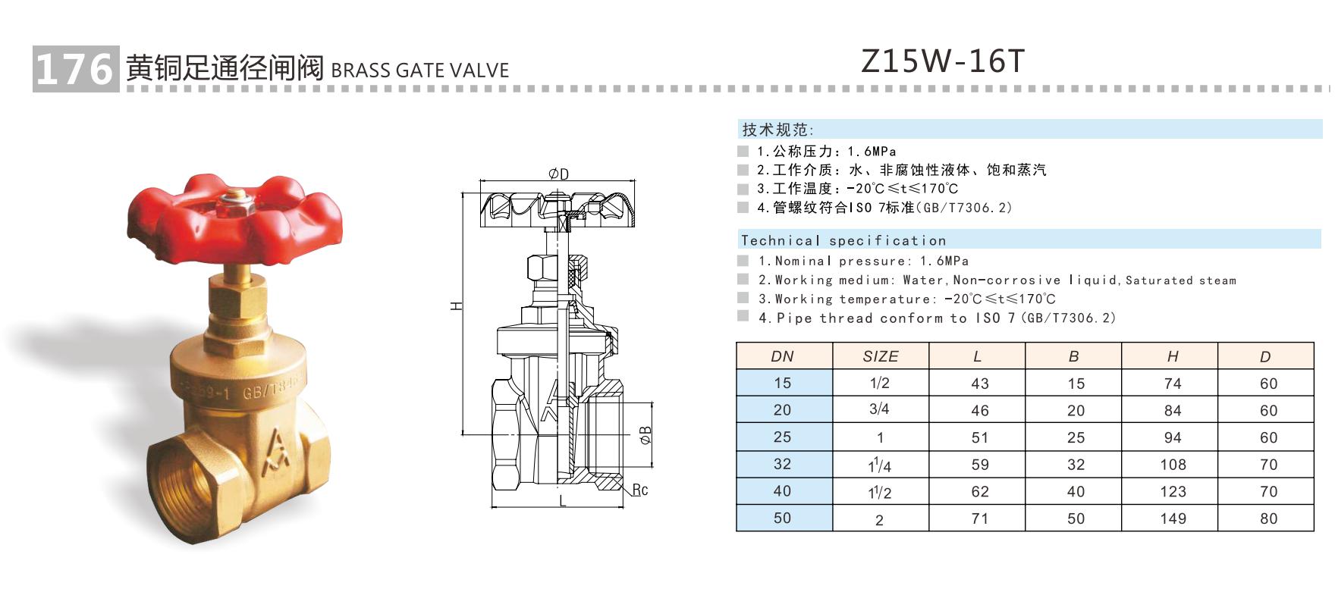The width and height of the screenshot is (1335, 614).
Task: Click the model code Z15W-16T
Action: (x=943, y=61)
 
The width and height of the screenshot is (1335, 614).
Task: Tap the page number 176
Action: (x=74, y=70)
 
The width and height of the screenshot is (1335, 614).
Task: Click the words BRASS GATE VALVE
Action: (x=419, y=70)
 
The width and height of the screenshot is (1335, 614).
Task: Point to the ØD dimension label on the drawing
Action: (x=558, y=174)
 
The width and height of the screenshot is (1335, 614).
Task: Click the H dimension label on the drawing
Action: (x=455, y=305)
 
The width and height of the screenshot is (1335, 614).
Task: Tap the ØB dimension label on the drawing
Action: (x=646, y=435)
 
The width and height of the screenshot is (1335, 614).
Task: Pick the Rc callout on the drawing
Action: (x=640, y=490)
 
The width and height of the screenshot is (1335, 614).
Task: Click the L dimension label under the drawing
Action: (x=562, y=501)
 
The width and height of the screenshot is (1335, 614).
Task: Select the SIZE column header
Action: (x=880, y=356)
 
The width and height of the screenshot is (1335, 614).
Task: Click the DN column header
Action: (x=782, y=356)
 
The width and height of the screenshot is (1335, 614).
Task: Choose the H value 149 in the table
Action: (x=1172, y=518)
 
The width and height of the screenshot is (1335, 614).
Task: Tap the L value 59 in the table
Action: (x=979, y=465)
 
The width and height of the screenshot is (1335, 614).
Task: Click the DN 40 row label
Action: (x=782, y=491)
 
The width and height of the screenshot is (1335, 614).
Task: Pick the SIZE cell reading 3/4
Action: (x=879, y=410)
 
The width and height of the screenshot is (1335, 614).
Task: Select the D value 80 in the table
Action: (x=1268, y=518)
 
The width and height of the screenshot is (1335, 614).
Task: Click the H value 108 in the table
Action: (x=1172, y=465)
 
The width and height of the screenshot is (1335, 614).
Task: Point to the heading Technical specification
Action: (x=843, y=241)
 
